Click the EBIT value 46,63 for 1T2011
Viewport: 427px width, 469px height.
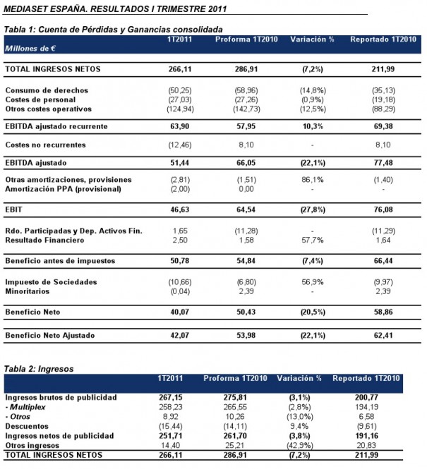coord(180,209)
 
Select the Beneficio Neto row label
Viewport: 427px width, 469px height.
coord(32,312)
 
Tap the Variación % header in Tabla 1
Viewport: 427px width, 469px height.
coord(312,39)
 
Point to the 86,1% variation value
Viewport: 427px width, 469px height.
coord(313,180)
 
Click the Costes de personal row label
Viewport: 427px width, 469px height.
coord(40,99)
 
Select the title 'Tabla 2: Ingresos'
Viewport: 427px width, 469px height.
coord(39,369)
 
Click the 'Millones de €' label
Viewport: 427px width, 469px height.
coord(30,49)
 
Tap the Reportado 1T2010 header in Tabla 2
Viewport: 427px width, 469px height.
coord(366,378)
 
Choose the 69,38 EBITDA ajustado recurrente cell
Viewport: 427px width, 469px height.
coord(383,126)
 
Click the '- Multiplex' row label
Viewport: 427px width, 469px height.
coord(25,407)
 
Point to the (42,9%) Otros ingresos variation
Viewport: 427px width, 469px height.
coord(300,445)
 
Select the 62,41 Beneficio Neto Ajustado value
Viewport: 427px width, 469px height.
coord(383,335)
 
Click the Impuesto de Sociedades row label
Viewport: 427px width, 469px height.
coord(51,282)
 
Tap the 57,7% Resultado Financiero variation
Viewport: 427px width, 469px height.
coord(313,240)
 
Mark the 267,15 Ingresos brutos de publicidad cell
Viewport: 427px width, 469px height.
coord(171,398)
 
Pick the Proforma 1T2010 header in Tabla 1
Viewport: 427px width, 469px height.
coord(246,39)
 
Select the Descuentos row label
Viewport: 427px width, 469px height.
coord(27,426)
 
